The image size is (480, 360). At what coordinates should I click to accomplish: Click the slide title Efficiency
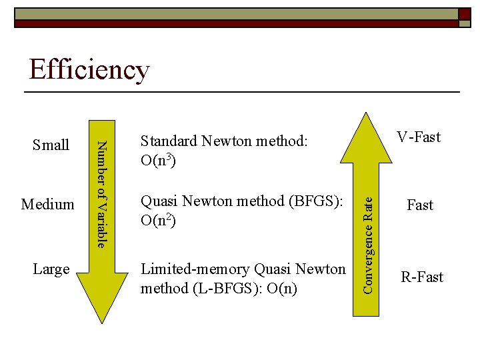(x=89, y=70)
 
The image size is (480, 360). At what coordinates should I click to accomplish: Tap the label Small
(x=51, y=145)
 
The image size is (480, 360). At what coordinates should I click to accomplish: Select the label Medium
(x=48, y=204)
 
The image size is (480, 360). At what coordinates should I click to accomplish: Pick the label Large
(x=51, y=269)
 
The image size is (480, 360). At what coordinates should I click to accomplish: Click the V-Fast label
(x=419, y=137)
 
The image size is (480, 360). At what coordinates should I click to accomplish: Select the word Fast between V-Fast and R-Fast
(x=420, y=205)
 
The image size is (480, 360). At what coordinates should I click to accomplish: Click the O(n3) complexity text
(x=158, y=161)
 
